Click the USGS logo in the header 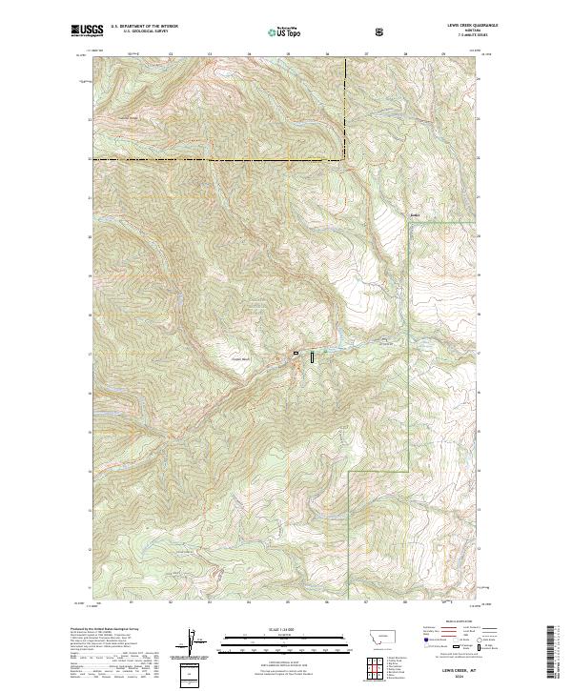pos(87,30)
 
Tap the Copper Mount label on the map pos(240,358)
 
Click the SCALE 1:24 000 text pos(275,629)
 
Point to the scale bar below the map pos(275,647)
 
